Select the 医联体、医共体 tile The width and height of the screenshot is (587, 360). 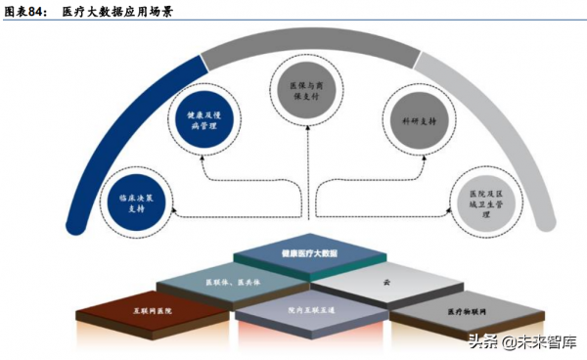232,285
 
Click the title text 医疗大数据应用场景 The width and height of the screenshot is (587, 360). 116,12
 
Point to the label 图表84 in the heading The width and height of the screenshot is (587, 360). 25,12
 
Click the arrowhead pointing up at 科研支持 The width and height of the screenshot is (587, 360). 415,159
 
